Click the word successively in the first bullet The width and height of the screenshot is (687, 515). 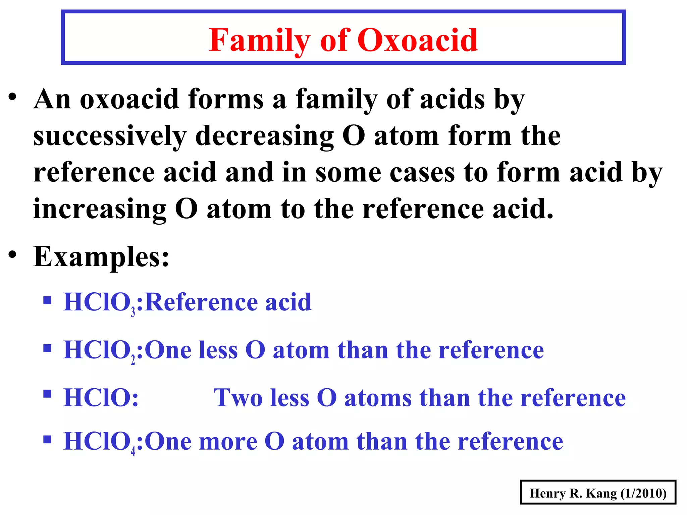110,136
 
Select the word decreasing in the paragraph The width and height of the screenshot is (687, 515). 264,136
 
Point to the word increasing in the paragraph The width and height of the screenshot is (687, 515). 100,209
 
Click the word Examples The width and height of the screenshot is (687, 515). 101,257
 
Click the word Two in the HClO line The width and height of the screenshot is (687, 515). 238,398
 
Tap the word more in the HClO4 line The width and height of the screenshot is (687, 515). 228,442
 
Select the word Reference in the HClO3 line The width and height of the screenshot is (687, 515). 201,302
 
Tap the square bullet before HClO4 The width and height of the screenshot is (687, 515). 47,439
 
